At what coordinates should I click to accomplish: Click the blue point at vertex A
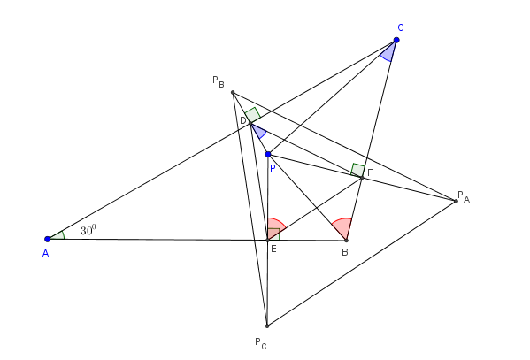pos(47,239)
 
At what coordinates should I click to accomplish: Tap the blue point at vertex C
pos(396,40)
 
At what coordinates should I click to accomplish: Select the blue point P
pos(268,155)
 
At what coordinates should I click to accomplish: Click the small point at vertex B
pos(346,241)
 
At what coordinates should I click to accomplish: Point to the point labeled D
pos(250,124)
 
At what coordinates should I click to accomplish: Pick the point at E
pos(267,240)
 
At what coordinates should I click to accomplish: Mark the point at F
pos(362,178)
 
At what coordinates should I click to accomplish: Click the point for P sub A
pos(456,201)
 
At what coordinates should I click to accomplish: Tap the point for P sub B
pos(233,92)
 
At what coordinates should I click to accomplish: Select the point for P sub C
pos(267,326)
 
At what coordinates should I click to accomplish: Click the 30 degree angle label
pos(88,230)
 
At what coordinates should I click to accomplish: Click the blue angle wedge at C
pos(388,52)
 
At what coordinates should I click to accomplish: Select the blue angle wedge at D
pos(259,132)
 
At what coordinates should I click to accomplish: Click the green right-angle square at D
pos(252,115)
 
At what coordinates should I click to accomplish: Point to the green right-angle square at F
pos(357,170)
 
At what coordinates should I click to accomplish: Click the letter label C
pos(401,27)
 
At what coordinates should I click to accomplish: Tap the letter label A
pos(46,253)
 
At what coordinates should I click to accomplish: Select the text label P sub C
pos(261,343)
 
